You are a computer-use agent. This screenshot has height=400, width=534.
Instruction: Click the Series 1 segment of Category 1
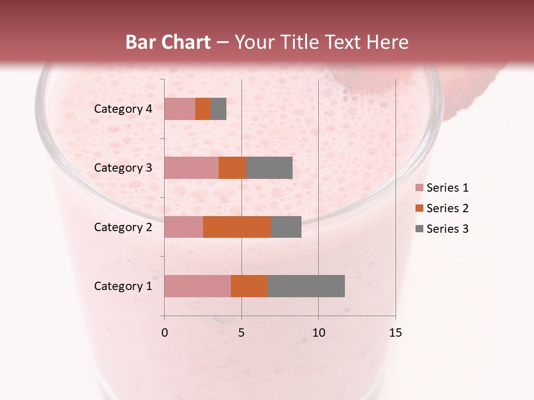coord(197,286)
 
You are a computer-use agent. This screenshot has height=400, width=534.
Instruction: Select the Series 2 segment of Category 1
coord(249,286)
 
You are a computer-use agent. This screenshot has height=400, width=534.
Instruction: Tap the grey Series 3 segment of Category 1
coord(306,286)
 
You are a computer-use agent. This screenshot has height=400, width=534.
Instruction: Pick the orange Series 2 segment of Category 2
coord(237,227)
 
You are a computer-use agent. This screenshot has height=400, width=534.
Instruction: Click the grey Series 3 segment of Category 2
coord(286,227)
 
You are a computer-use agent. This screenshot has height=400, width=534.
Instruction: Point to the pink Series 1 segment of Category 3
coord(191,168)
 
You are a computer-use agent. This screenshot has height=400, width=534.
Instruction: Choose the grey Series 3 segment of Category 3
coord(269,168)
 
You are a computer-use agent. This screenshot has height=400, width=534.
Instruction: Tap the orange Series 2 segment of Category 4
coord(203,109)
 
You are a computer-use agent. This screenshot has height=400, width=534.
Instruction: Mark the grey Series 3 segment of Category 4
coord(219,109)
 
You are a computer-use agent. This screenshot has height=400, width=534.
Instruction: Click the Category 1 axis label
coord(122,286)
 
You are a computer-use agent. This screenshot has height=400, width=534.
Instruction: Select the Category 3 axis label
coord(122,168)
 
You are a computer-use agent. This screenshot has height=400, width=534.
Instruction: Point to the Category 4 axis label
coord(122,109)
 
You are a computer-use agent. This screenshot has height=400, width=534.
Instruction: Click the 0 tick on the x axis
coord(165,333)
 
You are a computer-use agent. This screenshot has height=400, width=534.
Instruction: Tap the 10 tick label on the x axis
coord(318,333)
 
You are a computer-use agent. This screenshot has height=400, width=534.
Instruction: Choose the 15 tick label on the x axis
coord(395,333)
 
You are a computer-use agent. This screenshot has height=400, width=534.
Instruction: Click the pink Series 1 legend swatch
coord(419,188)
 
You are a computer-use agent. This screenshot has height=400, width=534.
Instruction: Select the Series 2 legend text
coord(447,208)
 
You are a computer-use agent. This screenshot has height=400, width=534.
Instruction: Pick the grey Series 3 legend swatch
coord(419,229)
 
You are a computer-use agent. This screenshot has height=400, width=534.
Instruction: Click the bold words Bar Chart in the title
coord(168,42)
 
